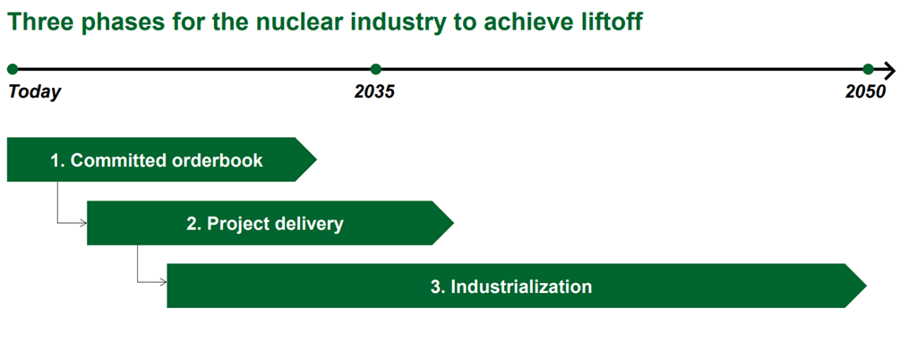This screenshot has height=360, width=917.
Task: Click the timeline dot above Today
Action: (x=13, y=70)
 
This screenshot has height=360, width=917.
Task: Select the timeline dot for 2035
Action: (x=376, y=70)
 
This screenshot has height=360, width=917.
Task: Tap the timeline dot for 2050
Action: (x=868, y=70)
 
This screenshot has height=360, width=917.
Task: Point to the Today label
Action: (x=35, y=91)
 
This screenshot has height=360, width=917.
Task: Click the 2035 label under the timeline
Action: (x=375, y=91)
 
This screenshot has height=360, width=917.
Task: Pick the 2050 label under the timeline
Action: (x=866, y=91)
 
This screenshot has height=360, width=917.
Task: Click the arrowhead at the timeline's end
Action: (x=889, y=70)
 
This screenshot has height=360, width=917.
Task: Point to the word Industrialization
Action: (x=521, y=287)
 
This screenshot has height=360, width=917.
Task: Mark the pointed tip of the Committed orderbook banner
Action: (x=316, y=159)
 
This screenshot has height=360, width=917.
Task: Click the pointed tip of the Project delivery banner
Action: (x=453, y=223)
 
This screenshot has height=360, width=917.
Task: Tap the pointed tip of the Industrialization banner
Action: (x=866, y=286)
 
